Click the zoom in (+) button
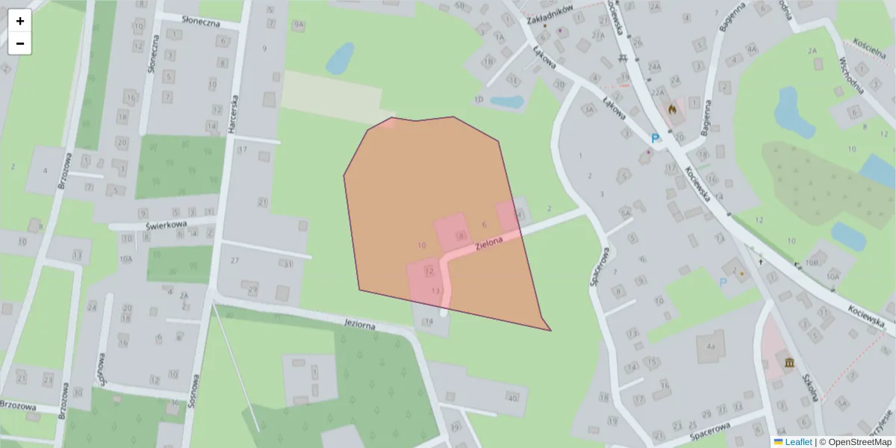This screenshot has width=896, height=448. (x=19, y=21)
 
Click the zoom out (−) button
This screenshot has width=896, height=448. (x=19, y=43)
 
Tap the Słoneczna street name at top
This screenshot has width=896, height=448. (x=191, y=22)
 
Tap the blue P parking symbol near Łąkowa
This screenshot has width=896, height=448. (x=656, y=138)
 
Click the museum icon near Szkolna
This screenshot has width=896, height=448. (x=789, y=363)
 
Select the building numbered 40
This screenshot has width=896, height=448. (x=512, y=398)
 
